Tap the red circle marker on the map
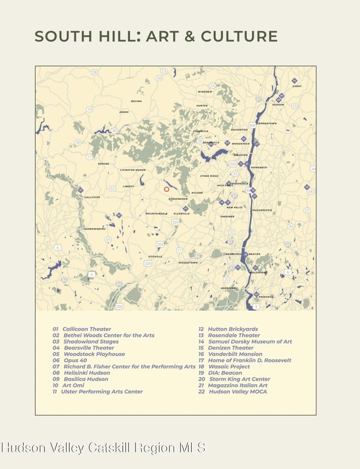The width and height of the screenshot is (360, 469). click(x=166, y=189)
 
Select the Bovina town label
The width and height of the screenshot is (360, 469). click(x=136, y=101)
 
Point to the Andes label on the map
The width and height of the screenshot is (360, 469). click(x=124, y=112)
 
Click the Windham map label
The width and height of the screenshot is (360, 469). click(x=205, y=92)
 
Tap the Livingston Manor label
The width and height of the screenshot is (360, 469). click(x=133, y=170)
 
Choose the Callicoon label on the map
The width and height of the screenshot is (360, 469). click(x=92, y=197)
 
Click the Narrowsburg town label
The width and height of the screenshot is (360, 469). click(x=95, y=228)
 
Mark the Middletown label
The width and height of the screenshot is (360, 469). click(x=188, y=263)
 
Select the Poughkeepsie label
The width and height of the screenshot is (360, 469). click(x=262, y=210)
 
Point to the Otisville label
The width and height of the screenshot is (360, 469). click(x=155, y=256)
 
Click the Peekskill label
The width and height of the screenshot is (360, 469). click(x=266, y=297)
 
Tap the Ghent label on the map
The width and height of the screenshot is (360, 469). click(x=297, y=87)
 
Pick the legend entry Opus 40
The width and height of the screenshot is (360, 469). click(x=75, y=360)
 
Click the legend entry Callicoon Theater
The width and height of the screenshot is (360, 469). click(x=86, y=329)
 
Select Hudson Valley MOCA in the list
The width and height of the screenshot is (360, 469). click(x=238, y=391)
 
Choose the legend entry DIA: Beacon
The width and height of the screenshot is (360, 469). click(x=225, y=373)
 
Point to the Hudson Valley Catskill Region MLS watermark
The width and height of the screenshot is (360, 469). click(x=103, y=448)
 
